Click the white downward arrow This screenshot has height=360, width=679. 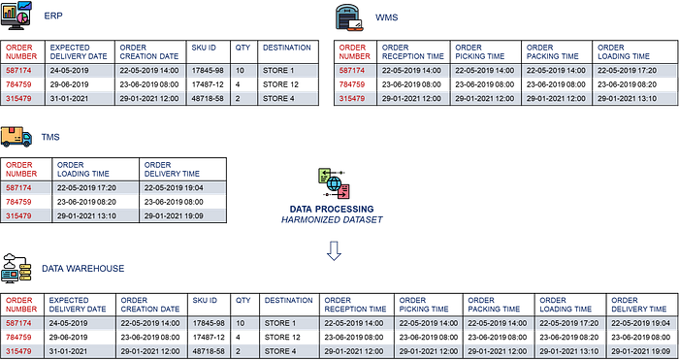pos(334,251)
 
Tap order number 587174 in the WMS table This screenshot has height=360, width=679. pos(351,70)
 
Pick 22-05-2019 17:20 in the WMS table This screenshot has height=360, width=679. pos(626,70)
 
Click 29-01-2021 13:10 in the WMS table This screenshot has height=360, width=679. pos(626,97)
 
